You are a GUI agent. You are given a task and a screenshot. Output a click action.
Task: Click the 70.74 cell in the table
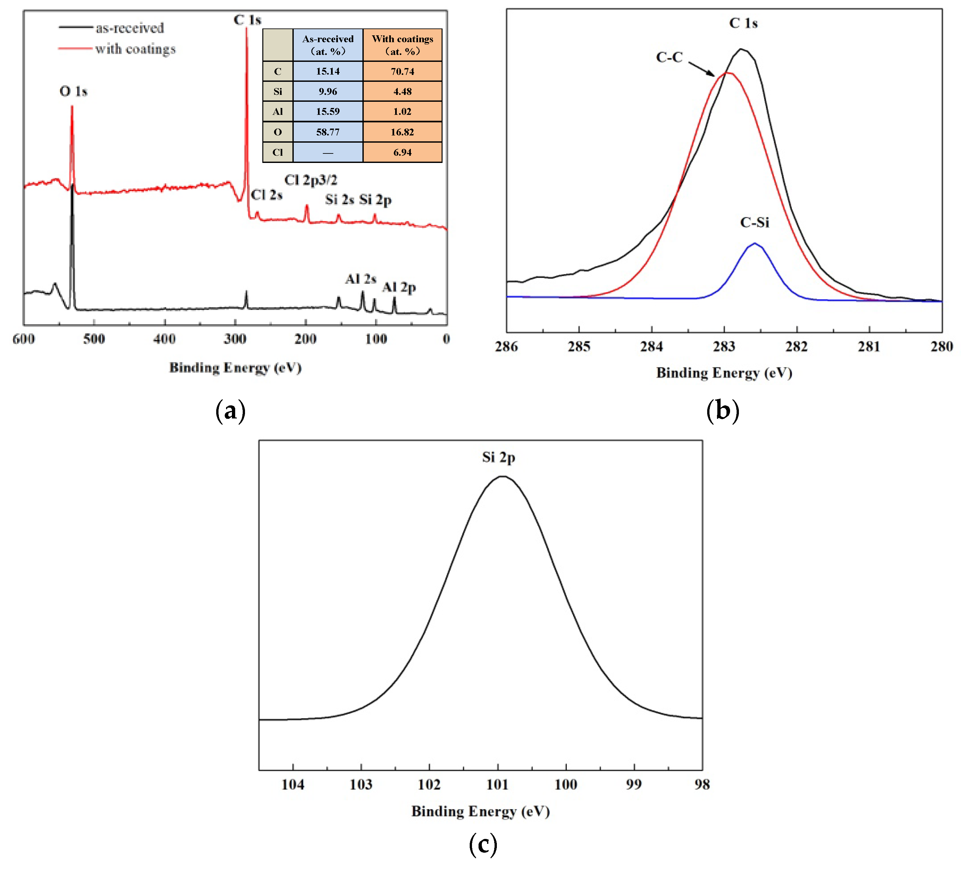pos(402,72)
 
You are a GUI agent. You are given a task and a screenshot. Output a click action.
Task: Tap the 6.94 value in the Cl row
pos(402,152)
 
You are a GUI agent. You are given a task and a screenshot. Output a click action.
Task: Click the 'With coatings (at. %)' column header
pos(402,45)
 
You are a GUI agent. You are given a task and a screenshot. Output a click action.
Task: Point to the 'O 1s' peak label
pos(73,91)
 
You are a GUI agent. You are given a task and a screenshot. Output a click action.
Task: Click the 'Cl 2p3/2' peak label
pos(311,180)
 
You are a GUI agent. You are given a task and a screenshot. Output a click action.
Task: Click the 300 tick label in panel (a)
pos(235,339)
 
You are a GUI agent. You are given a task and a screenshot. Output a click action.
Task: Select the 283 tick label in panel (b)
pos(724,346)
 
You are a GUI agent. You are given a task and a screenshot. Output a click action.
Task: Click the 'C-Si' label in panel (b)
pos(755,222)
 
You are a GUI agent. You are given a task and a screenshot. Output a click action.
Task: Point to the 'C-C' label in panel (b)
pos(669,58)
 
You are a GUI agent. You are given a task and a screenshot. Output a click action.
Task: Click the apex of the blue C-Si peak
pos(755,244)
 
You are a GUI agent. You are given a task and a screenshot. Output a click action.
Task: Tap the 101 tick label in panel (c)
pos(498,785)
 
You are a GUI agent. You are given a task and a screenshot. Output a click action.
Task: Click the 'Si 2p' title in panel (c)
pos(498,457)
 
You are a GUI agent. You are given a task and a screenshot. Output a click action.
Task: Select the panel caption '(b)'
pos(723,410)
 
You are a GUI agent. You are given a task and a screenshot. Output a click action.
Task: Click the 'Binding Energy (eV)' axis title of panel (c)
pos(480,811)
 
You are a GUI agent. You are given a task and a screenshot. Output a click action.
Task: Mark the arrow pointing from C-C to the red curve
pos(702,69)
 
